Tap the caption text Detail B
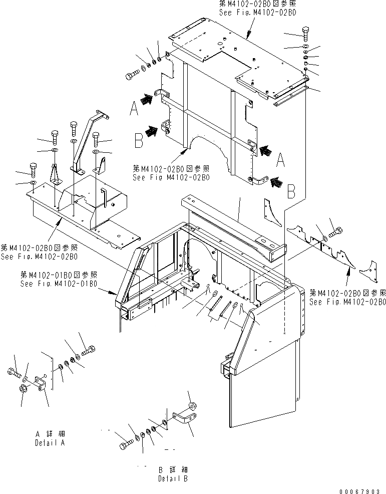tap(173, 478)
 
